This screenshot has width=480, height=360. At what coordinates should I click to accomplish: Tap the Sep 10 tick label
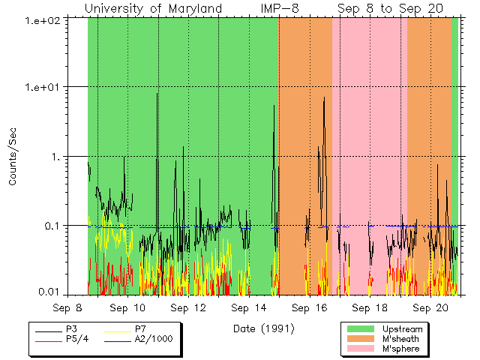tap(128, 307)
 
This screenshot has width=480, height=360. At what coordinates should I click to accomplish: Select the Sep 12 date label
tap(188, 307)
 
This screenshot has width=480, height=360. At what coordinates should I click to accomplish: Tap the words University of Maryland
tap(154, 8)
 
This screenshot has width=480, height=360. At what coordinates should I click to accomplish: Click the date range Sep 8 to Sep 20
tap(390, 8)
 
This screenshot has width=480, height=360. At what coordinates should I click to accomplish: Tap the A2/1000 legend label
tap(153, 339)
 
